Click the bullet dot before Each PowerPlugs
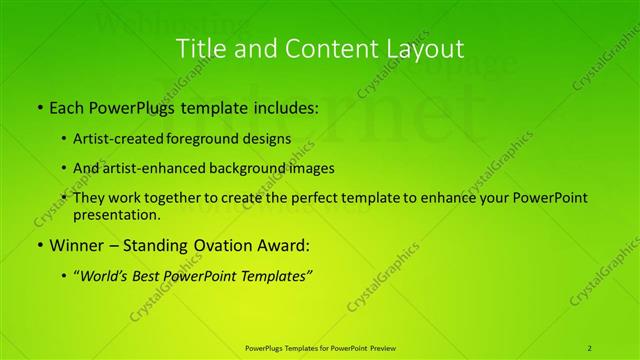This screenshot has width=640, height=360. tap(38, 107)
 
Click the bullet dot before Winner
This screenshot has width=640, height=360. tap(38, 244)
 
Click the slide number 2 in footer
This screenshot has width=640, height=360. tap(590, 347)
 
